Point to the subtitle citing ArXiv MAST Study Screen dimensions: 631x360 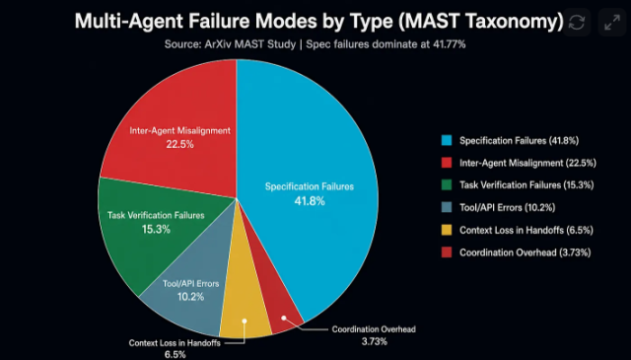[x=315, y=44]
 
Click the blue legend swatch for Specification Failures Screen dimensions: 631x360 [x=447, y=140]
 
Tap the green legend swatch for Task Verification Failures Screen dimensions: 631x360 [x=447, y=184]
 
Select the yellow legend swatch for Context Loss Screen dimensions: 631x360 [x=447, y=230]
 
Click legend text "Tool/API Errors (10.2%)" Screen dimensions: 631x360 [x=508, y=207]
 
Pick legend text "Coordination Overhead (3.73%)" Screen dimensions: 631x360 [x=526, y=252]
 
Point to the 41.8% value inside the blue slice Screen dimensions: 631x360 [x=310, y=201]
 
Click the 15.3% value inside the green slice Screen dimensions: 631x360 [x=156, y=229]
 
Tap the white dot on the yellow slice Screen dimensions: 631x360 [x=245, y=321]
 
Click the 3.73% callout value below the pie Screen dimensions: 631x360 [x=375, y=341]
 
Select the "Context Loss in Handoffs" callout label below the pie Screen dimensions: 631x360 [x=175, y=343]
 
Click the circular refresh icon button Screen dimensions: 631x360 [x=577, y=22]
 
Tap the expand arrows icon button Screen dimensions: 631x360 [x=612, y=22]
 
